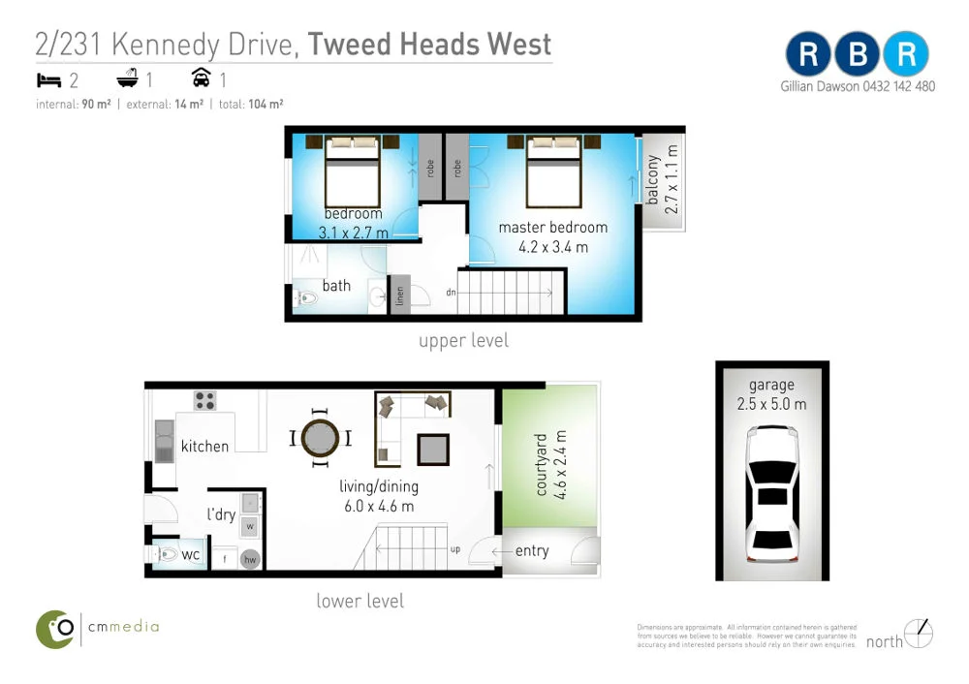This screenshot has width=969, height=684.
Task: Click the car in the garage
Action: coord(772,494)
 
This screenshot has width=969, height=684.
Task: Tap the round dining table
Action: coord(320,439)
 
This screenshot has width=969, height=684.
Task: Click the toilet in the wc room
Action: coord(168,556)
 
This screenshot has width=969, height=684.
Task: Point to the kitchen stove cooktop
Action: coord(204,400)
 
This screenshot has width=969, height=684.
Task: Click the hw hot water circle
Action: coord(250,559)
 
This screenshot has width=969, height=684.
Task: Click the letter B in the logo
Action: coord(858,55)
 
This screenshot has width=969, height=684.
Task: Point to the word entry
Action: coord(531,551)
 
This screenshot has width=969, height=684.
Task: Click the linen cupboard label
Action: coord(399,296)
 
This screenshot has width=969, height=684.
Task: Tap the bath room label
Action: coord(336,285)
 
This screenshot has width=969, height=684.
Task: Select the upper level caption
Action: coord(463,341)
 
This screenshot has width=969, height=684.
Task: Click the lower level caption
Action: coord(359,601)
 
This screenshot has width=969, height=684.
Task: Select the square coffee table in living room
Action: coord(433,450)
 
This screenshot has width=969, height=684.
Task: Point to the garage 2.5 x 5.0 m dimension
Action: coord(771,403)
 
